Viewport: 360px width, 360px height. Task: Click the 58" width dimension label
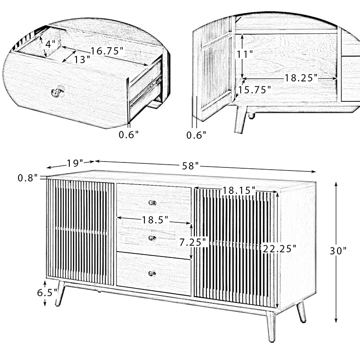(190, 166)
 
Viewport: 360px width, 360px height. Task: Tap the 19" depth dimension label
(75, 163)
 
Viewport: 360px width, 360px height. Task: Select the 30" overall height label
(338, 251)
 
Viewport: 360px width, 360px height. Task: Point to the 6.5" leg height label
(47, 292)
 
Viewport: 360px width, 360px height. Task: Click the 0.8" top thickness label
(27, 178)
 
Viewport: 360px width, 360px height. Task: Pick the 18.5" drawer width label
(155, 220)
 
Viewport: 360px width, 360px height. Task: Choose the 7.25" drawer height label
(194, 242)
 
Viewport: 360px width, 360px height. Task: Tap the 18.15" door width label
(239, 190)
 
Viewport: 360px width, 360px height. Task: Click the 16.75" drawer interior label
(107, 51)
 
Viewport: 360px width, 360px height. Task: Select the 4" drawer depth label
(50, 44)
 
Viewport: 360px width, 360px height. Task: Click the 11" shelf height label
(245, 54)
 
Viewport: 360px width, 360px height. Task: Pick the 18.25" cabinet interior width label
(301, 78)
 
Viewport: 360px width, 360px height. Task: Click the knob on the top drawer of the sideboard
(152, 203)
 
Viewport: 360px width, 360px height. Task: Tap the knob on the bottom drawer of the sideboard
(152, 274)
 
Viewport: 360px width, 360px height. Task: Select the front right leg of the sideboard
(271, 326)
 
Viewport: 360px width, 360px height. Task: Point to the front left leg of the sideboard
(60, 293)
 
